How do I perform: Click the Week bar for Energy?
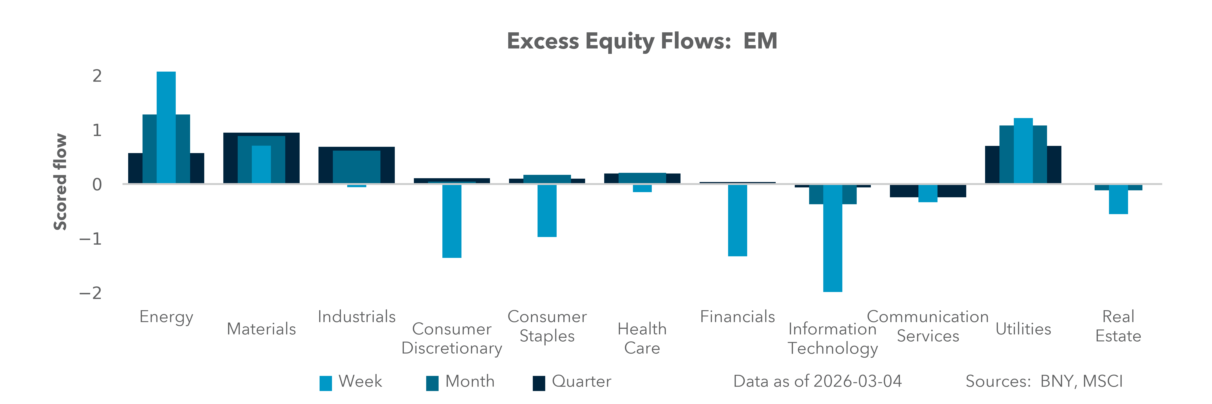tap(166, 127)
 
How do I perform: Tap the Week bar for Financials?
tap(737, 220)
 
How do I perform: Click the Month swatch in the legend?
tap(432, 383)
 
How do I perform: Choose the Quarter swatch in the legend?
tap(539, 383)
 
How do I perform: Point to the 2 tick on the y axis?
tap(97, 76)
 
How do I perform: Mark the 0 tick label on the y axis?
tap(97, 184)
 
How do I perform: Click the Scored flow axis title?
tap(60, 182)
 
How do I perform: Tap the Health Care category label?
tap(642, 338)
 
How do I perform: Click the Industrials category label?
tap(357, 316)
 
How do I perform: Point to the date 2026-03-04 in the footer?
tap(857, 381)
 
